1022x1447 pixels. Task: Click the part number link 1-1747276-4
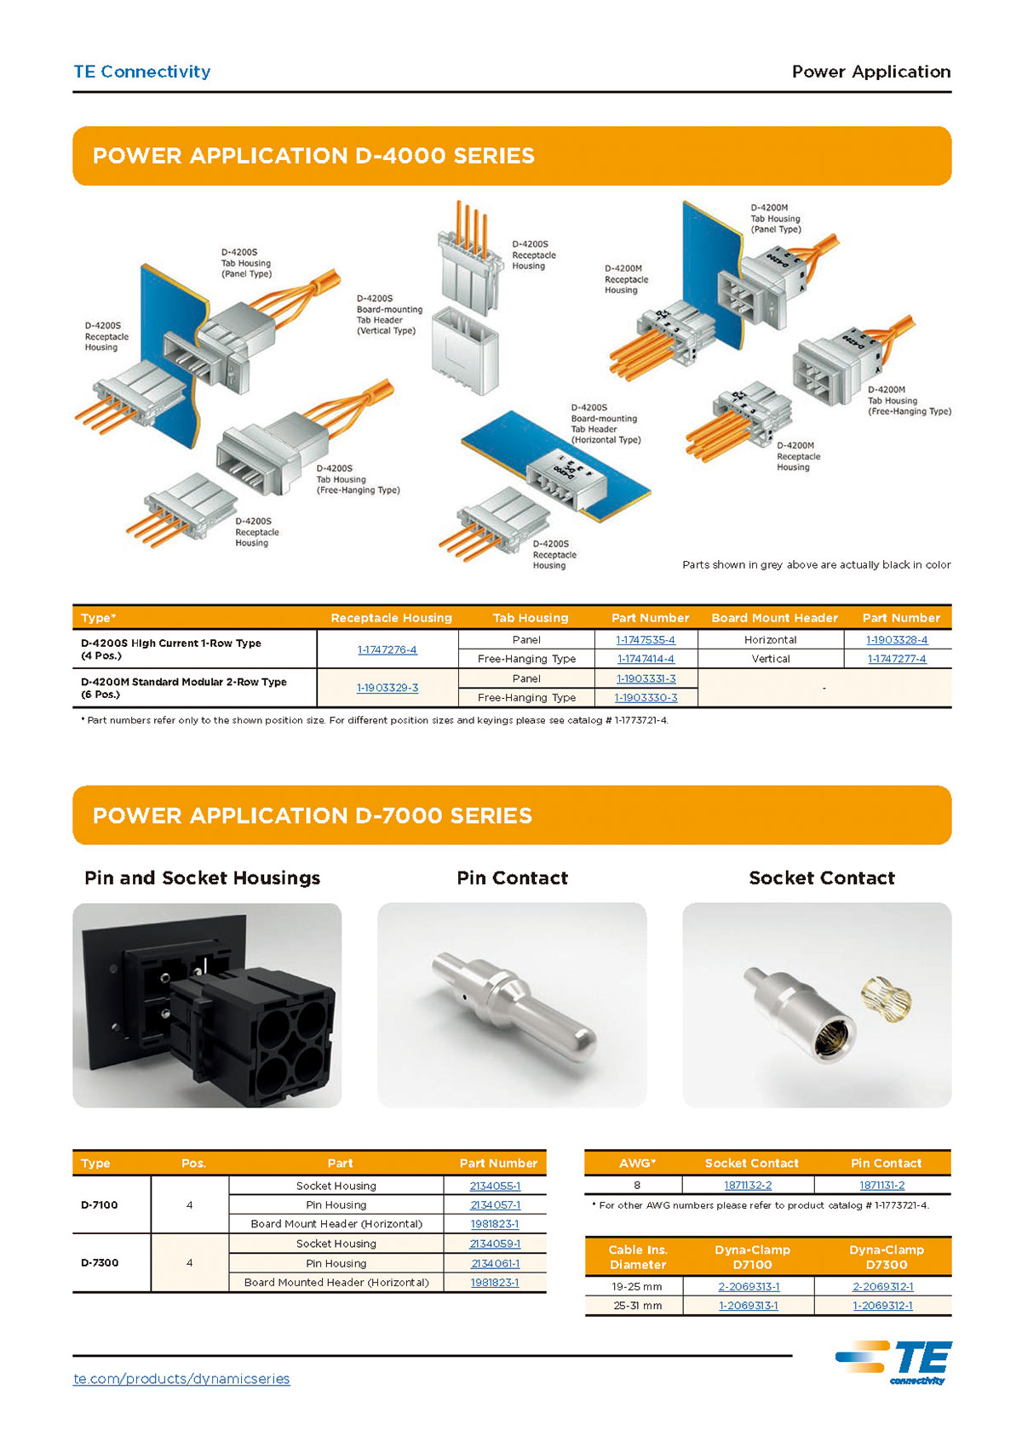[387, 649]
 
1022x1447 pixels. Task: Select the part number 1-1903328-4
[897, 640]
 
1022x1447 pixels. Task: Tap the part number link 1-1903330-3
[646, 697]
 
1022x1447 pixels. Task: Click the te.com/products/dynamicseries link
[181, 1379]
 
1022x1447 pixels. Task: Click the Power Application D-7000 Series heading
[312, 815]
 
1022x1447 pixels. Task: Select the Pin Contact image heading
[512, 878]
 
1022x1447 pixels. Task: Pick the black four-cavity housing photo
[207, 1005]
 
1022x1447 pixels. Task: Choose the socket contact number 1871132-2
[748, 1185]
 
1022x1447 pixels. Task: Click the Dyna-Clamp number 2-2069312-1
[882, 1287]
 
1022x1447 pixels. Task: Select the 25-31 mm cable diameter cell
[637, 1306]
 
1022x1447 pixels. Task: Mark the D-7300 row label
[99, 1262]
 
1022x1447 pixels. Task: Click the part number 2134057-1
[495, 1205]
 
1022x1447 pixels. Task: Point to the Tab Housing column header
[530, 618]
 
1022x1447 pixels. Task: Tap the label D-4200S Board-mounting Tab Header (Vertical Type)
[388, 315]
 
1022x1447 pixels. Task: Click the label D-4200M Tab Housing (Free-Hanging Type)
[909, 401]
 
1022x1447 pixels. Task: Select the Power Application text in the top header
[870, 71]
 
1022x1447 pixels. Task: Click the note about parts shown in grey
[816, 564]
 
